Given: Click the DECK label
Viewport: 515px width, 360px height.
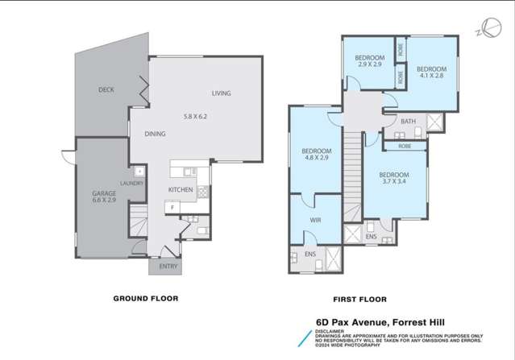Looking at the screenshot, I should click(106, 89).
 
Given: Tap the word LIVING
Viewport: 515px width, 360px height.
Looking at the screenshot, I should click(221, 93).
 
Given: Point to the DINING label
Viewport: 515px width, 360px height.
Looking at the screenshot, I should click(156, 134).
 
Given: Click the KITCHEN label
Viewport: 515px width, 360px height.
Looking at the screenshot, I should click(180, 189).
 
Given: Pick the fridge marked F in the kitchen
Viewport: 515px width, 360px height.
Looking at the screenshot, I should click(171, 207).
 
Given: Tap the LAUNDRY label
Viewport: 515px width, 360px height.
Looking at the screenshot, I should click(131, 184).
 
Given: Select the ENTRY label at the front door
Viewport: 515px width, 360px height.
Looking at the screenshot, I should click(168, 266).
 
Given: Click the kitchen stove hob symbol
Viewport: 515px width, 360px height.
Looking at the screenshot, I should click(202, 192).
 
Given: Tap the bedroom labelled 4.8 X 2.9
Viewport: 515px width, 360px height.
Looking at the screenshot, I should click(317, 155).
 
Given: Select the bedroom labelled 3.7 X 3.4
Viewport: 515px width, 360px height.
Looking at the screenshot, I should click(394, 179).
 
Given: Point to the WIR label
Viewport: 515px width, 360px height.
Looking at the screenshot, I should click(315, 219).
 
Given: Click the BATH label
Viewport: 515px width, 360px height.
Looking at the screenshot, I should click(408, 122).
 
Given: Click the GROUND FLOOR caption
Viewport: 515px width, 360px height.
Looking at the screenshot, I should click(145, 298).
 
